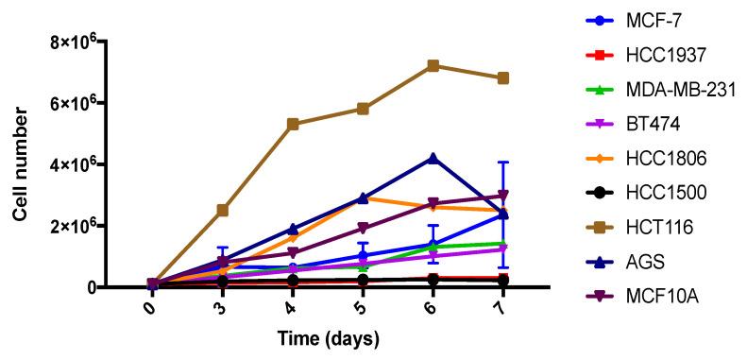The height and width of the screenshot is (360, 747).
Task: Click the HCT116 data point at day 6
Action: (433, 65)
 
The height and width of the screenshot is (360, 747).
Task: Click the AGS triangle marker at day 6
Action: (433, 158)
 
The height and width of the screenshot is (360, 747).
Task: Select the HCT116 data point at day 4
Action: (293, 124)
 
